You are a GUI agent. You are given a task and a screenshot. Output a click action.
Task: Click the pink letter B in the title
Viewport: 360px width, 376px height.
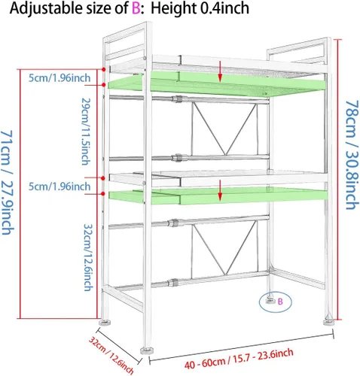[136, 8]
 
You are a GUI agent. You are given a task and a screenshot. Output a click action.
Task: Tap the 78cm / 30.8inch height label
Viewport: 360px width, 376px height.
[351, 156]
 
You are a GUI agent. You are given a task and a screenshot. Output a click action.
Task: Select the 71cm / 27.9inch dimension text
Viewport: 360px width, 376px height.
[7, 183]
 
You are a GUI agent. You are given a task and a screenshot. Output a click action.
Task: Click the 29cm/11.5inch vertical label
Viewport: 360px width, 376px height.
[85, 131]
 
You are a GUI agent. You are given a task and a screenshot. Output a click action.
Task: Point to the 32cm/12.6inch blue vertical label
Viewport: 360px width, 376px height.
[87, 257]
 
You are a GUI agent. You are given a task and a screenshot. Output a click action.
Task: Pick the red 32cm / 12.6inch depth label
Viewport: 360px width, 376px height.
[111, 356]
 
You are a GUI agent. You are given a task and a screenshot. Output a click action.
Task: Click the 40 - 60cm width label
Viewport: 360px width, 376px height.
[239, 359]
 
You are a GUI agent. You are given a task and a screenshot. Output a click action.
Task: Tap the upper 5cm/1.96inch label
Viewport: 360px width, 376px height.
[59, 78]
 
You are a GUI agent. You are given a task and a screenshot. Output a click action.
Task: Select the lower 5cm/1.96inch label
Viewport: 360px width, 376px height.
[59, 186]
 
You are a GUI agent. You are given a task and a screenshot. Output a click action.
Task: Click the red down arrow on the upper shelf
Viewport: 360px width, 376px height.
[220, 71]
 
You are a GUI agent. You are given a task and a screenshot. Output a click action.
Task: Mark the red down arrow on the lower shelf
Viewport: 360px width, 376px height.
[220, 190]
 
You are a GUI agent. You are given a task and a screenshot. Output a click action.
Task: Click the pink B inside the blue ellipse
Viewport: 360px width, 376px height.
[280, 302]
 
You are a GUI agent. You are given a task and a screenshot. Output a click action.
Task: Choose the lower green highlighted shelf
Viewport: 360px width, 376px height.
[218, 196]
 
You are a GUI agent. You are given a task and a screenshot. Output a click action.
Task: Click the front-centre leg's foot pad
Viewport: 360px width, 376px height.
[147, 350]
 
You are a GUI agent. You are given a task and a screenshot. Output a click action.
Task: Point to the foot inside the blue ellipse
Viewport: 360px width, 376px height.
[270, 301]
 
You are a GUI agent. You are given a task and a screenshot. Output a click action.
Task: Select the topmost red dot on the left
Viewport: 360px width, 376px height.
[104, 69]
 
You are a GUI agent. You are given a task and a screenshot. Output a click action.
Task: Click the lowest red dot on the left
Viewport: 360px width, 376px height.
[102, 193]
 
